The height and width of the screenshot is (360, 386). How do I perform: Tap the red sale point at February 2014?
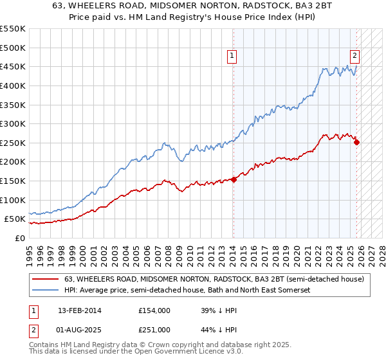234,179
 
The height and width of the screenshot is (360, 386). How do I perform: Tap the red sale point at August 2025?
356,143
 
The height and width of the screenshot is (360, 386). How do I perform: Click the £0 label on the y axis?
19,239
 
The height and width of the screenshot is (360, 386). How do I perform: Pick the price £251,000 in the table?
154,329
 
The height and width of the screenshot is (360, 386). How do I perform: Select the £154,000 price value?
154,310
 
